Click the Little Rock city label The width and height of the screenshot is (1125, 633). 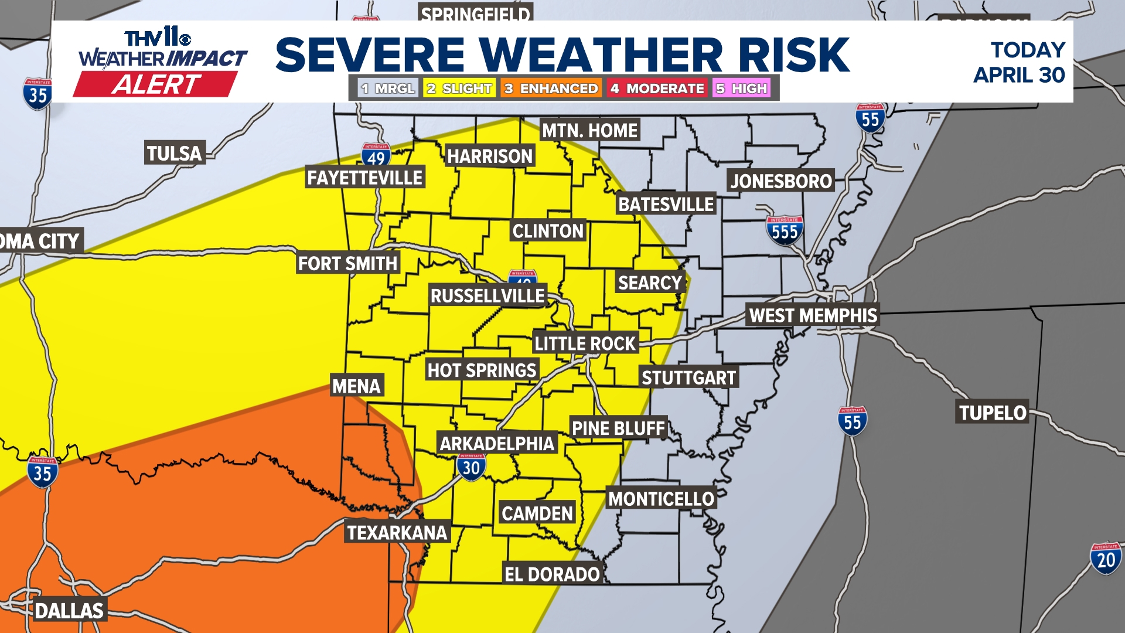[x=585, y=343]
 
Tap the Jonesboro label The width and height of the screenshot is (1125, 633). [x=781, y=181]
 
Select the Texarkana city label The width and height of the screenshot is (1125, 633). [x=397, y=532]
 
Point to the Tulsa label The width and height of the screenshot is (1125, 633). [x=174, y=153]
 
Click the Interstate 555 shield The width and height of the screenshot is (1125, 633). [x=785, y=231]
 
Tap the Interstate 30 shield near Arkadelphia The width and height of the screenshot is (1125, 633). [x=471, y=467]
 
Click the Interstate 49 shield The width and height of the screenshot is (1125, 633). [x=376, y=156]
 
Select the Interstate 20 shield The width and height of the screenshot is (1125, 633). [x=1106, y=559]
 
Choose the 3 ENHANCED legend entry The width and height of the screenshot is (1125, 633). [x=551, y=89]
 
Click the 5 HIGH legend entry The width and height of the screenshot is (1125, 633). [x=741, y=89]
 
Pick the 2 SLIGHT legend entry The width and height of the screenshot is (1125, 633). [x=459, y=89]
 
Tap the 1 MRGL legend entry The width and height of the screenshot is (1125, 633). [x=388, y=89]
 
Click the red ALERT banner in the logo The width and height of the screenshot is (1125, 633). [x=156, y=84]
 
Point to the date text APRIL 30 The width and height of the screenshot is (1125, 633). [x=1019, y=75]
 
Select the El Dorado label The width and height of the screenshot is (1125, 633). [x=552, y=574]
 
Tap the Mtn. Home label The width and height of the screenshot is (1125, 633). [x=589, y=130]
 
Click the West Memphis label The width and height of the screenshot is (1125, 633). [x=813, y=315]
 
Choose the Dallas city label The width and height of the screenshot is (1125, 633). [x=69, y=610]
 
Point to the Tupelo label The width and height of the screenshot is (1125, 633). [x=993, y=413]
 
